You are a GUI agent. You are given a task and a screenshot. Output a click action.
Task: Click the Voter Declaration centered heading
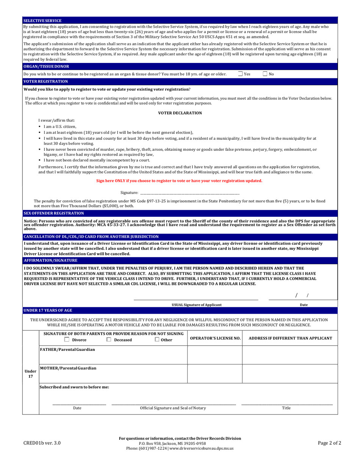(180, 113)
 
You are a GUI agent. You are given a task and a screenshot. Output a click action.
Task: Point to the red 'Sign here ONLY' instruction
(179, 181)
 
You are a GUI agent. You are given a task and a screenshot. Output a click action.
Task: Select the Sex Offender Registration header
(53, 213)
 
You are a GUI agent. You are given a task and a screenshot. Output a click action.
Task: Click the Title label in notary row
(286, 408)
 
